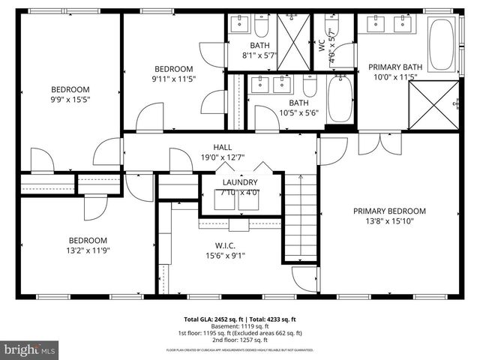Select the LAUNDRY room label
(x=240, y=182)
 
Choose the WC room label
(x=322, y=46)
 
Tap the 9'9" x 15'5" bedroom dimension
(x=70, y=98)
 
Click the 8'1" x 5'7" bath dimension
(x=260, y=55)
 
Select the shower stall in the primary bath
(x=433, y=105)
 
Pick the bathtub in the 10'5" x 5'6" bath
(x=340, y=99)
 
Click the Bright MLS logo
(x=30, y=349)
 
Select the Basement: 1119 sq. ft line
(x=240, y=326)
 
